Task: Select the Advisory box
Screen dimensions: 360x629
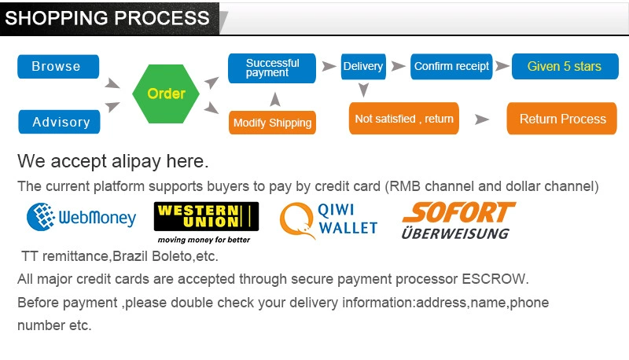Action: (x=61, y=122)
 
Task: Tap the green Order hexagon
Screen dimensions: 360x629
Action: (x=167, y=94)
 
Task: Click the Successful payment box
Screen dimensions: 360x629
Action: (x=271, y=68)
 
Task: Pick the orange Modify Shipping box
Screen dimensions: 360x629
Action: (x=272, y=123)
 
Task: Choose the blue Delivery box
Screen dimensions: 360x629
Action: (x=362, y=67)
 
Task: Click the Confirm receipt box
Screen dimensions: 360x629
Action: (x=451, y=67)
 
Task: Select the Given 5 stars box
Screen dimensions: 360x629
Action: (x=564, y=67)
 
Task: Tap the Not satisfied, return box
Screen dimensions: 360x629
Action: (x=404, y=119)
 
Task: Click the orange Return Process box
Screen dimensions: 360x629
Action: (x=562, y=119)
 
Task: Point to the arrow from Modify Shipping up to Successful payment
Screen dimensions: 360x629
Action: (x=274, y=99)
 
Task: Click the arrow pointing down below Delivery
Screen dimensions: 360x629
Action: (x=362, y=90)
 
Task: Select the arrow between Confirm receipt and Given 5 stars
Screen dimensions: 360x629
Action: (x=502, y=67)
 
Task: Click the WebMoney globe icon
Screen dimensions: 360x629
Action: (x=41, y=216)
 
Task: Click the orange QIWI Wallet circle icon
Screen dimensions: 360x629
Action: (x=296, y=219)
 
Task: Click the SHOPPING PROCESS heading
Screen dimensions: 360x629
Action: (x=108, y=18)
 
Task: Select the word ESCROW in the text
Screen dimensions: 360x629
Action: (x=495, y=279)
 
